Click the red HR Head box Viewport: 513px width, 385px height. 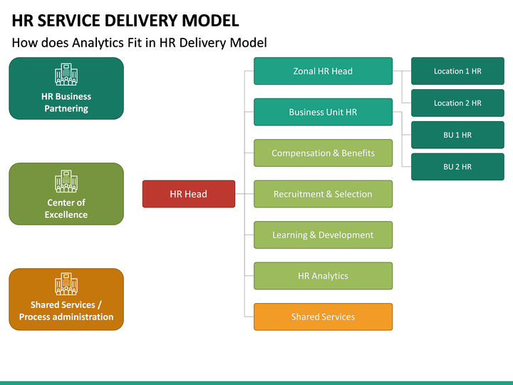coord(189,194)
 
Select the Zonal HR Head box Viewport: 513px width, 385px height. coord(323,71)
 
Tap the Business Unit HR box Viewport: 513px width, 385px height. coord(323,112)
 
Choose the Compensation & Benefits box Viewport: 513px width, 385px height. coord(323,153)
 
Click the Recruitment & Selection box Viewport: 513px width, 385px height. coord(323,194)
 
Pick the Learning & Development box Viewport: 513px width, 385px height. coord(323,235)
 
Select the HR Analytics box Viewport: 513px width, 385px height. coord(323,276)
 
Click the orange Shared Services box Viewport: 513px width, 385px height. coord(323,317)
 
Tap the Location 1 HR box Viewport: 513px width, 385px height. coord(457,71)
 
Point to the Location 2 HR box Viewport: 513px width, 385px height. coord(457,103)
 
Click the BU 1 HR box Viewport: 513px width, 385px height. coord(457,135)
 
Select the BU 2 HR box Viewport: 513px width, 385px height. coord(457,167)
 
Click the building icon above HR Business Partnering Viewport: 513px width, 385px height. coord(66,75)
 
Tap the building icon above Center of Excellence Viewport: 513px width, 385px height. coord(66,181)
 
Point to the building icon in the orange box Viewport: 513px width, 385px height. coord(66,284)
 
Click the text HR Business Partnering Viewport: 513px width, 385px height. coord(66,103)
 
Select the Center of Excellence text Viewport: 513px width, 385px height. coord(66,209)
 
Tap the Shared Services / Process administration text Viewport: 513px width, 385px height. coord(66,311)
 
